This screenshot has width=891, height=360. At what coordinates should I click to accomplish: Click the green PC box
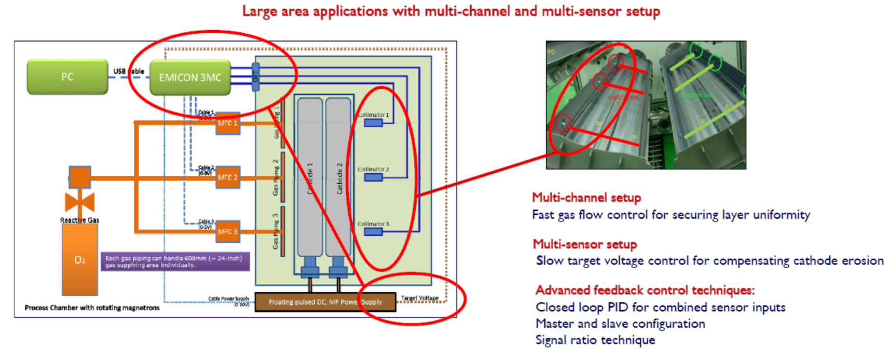coord(67,77)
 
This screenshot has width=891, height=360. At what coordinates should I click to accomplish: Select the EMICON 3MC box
coord(190,78)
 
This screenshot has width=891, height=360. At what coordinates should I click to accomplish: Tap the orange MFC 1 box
coord(228,123)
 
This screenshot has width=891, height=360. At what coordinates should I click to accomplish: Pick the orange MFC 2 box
coord(228,177)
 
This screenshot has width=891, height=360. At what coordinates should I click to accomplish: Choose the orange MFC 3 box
coord(228,232)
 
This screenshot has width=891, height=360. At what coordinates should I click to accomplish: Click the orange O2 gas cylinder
coord(80,260)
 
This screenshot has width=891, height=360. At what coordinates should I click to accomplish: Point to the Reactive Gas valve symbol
coord(79,201)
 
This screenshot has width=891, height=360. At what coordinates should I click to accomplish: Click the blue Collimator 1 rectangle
coord(373,123)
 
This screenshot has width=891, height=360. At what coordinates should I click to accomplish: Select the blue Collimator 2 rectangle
coord(373,177)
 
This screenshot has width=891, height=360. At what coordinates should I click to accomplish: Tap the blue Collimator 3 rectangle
coord(373,232)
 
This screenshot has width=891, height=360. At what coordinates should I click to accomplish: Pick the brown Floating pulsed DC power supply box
coord(325,302)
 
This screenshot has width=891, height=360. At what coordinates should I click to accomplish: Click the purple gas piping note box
coord(175,261)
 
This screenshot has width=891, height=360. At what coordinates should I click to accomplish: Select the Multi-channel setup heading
coord(586,198)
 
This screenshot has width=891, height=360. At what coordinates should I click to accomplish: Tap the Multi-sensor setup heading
coord(585,244)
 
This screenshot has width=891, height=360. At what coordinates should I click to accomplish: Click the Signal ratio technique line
coord(595,340)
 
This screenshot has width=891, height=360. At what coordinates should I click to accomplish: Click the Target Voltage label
coord(420,298)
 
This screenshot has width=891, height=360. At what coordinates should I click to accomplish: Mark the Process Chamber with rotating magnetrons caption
coord(92,308)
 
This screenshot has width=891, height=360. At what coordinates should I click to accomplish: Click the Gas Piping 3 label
coord(276,231)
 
